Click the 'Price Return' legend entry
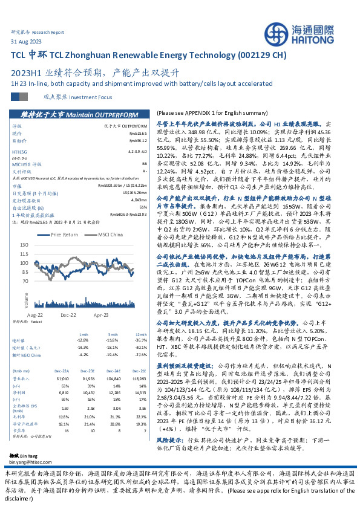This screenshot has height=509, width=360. pyautogui.click(x=65, y=235)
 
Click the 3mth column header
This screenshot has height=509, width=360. pyautogui.click(x=113, y=334)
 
